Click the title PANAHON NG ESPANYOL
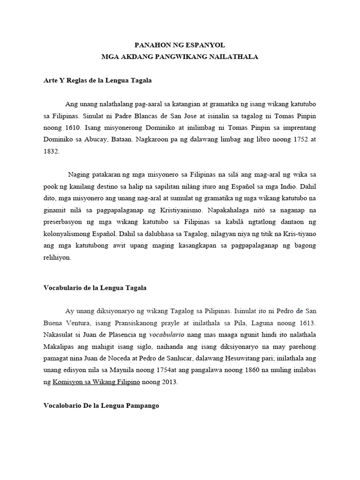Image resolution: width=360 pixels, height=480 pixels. (x=180, y=45)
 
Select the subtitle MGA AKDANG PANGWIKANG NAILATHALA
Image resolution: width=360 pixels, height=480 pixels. (x=180, y=57)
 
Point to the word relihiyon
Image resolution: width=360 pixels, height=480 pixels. (x=56, y=257)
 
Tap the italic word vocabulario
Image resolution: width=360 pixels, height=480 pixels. (x=166, y=335)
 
